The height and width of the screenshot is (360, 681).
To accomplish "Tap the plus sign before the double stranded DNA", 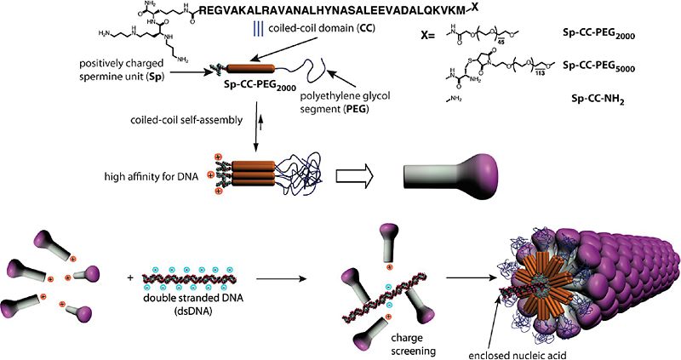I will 129,277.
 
